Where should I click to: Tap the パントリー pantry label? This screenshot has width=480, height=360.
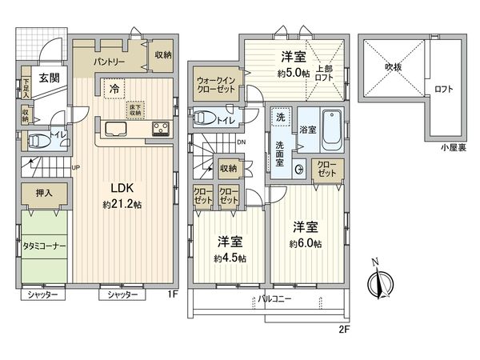click(108, 60)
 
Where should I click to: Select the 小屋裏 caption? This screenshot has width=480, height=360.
click(446, 147)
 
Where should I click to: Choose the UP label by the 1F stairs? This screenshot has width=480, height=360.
click(76, 167)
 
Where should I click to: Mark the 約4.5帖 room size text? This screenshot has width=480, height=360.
click(230, 258)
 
